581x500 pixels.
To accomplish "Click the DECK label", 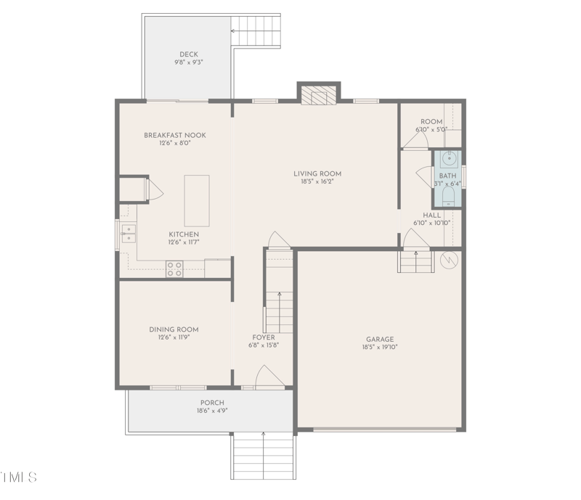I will tap(188, 54).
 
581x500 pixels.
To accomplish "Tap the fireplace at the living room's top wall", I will tap(318, 96).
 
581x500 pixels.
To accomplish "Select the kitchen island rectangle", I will tap(196, 200).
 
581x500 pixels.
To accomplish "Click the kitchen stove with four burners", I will tap(174, 269).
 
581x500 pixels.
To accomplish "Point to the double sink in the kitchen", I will tap(128, 233).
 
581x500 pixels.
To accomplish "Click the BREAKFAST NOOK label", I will tap(174, 135).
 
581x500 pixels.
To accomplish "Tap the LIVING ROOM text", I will tap(317, 173).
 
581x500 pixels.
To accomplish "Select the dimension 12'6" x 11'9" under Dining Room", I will tap(174, 337).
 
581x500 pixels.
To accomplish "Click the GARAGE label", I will tap(380, 339).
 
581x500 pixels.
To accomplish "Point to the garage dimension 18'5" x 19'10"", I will tap(380, 348).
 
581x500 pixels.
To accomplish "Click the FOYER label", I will tap(264, 337).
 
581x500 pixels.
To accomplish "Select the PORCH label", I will tap(212, 403).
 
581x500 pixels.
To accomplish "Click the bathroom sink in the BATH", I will tap(448, 158).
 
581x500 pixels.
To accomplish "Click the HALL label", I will tap(432, 215).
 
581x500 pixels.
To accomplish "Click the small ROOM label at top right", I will tap(431, 122).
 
